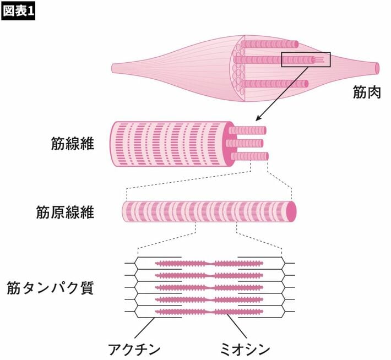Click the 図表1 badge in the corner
tap(18, 12)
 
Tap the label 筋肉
tap(367, 92)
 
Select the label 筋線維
tap(73, 143)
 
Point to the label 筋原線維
tap(66, 212)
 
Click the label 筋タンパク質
tap(50, 288)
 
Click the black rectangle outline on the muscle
tap(306, 53)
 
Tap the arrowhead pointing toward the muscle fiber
tap(259, 118)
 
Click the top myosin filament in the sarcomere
tap(209, 264)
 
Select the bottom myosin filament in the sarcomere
tap(209, 312)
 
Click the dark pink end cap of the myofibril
tap(291, 211)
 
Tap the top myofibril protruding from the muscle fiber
tap(247, 130)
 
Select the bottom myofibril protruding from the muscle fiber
tap(250, 156)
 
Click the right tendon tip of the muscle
tap(377, 68)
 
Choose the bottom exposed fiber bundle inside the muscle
tap(275, 84)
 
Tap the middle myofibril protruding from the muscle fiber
tap(245, 143)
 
